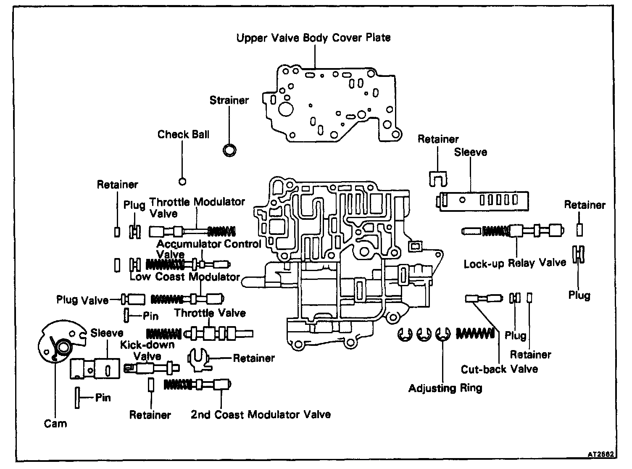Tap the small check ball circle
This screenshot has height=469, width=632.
coord(182,181)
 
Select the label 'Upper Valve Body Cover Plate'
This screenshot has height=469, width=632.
coord(313,38)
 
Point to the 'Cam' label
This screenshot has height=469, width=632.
coord(55,423)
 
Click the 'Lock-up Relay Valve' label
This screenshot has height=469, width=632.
coord(515,263)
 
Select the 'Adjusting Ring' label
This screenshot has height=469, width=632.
coord(445,388)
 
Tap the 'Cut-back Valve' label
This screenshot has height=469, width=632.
coord(499,369)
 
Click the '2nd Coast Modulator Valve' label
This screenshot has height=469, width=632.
coord(261,414)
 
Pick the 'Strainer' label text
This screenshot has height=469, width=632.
coord(229,100)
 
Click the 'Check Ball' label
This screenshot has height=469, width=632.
coord(183,134)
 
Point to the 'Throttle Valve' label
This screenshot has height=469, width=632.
coord(210,313)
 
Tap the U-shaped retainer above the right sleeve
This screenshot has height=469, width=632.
coord(438,179)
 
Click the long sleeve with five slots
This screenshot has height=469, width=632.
coord(483,200)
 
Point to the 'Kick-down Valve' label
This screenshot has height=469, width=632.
coord(147,350)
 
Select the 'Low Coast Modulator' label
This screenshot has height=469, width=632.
coord(184,277)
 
